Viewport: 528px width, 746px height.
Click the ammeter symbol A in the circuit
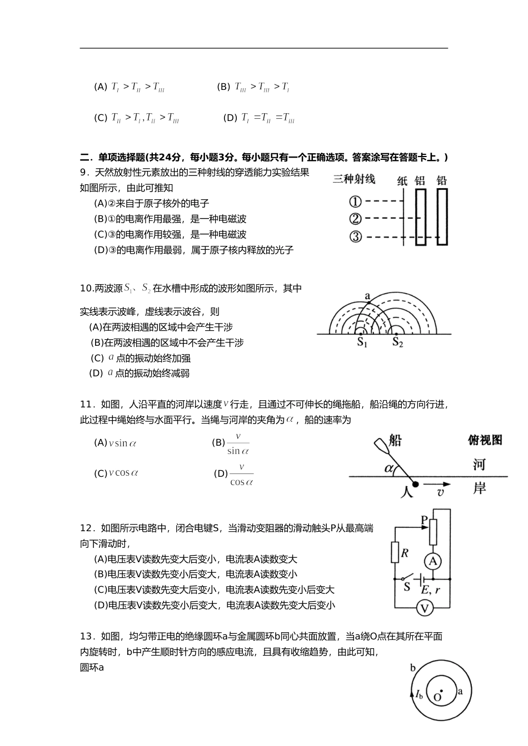[x=434, y=561]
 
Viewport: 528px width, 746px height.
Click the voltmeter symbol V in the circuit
[x=425, y=608]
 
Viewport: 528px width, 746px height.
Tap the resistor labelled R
[x=396, y=553]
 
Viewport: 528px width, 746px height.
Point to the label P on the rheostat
[x=425, y=520]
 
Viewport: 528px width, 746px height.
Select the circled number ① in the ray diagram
[x=356, y=201]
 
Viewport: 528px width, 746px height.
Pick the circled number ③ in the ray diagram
[x=356, y=237]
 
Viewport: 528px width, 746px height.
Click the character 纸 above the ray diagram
[x=402, y=180]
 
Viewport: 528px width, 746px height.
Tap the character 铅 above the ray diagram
[x=442, y=180]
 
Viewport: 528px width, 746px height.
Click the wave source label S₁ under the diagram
[x=362, y=343]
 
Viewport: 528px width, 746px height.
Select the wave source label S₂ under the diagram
[x=397, y=343]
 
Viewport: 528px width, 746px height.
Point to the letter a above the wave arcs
[x=367, y=296]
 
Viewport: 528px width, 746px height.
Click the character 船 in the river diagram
[x=395, y=440]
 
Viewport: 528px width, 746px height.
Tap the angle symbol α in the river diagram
[x=389, y=468]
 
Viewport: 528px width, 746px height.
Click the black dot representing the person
[x=415, y=484]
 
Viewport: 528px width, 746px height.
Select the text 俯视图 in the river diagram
[x=485, y=440]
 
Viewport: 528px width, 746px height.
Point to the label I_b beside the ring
[x=419, y=694]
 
